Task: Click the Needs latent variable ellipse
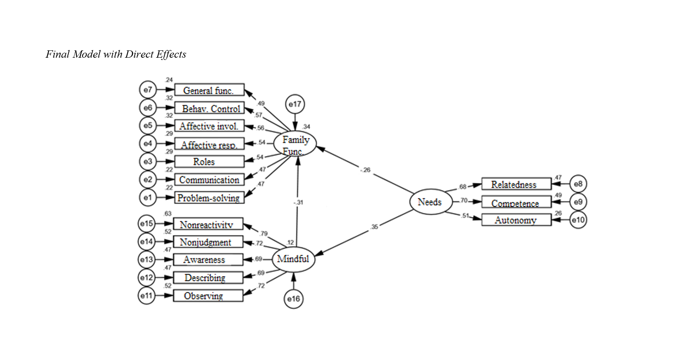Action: coord(430,202)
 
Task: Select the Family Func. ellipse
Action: coord(295,144)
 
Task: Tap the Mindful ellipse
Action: coord(293,259)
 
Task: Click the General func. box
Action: coord(209,90)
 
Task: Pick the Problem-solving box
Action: coord(209,198)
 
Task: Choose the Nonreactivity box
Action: coord(208,224)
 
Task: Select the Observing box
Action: coord(208,296)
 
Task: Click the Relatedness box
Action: coord(516,184)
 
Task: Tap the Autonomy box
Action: coord(516,220)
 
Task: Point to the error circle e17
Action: coord(295,104)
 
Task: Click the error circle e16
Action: coord(293,299)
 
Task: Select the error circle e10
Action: coord(578,220)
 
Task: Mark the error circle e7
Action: coord(148,90)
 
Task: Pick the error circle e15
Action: coord(147,223)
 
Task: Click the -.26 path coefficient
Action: coord(366,170)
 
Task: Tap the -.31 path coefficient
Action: coord(298,202)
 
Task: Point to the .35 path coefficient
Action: coord(374,227)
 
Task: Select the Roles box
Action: coord(209,162)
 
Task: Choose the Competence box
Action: coord(516,202)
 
